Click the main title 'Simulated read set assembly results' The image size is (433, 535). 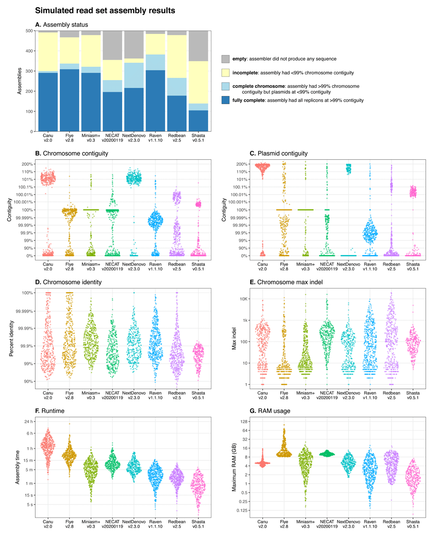[105, 10]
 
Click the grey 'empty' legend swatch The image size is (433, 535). [226, 59]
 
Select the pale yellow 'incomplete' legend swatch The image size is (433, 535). [226, 73]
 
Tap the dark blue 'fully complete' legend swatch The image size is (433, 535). [226, 100]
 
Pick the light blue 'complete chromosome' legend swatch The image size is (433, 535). [226, 86]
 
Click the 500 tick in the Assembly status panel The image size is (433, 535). [29, 31]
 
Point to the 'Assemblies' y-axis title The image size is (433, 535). [19, 81]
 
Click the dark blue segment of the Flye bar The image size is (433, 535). [69, 100]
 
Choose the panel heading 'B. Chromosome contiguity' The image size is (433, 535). [71, 153]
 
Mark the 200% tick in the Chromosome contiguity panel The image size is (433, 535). [27, 164]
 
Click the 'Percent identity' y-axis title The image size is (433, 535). [12, 338]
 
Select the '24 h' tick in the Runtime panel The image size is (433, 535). [29, 422]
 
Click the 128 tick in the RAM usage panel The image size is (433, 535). [243, 422]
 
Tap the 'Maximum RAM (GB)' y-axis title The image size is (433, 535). [234, 466]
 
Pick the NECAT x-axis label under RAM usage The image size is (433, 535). [327, 524]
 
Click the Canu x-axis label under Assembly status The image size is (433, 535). [48, 138]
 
